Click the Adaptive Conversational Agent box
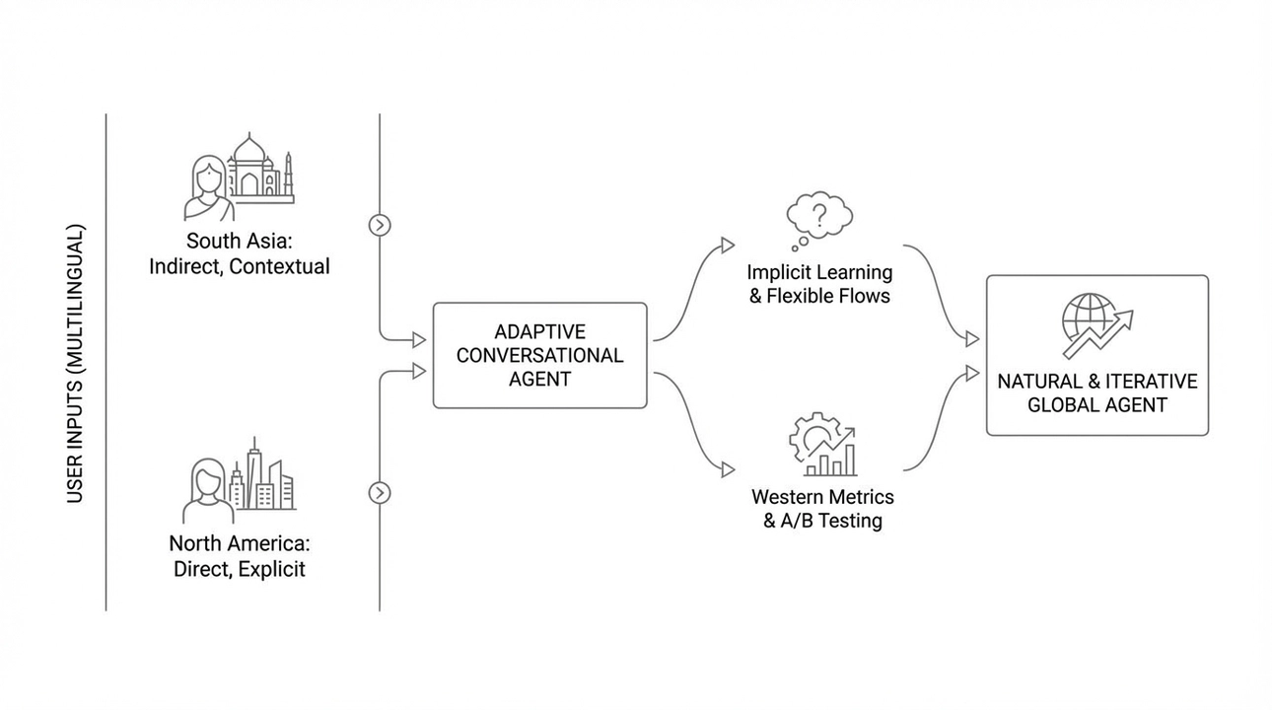pos(539,355)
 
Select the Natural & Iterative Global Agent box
pos(1096,355)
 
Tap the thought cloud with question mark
pos(817,218)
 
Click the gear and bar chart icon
pos(823,445)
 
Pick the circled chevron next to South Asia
pos(380,225)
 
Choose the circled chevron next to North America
pos(380,492)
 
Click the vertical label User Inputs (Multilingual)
pos(76,364)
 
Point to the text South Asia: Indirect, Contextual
pos(239,253)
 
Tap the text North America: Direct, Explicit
pos(239,556)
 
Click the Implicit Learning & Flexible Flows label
pos(818,284)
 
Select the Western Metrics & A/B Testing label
pos(822,509)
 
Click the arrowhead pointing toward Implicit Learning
pos(728,245)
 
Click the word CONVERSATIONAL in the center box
pos(539,355)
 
